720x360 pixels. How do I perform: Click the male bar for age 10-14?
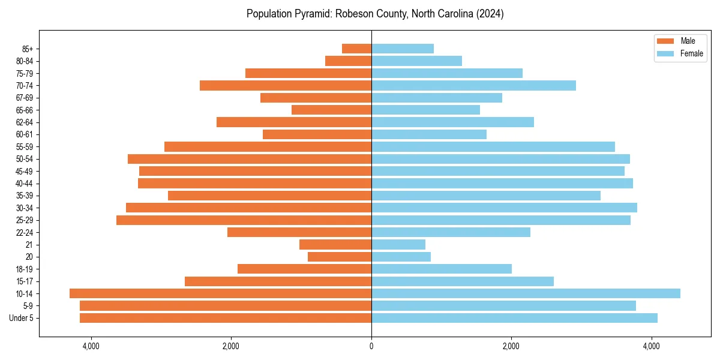(220, 293)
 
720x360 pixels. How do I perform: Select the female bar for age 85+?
(402, 49)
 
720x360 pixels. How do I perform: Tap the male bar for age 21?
(335, 244)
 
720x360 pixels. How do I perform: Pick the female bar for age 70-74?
(473, 85)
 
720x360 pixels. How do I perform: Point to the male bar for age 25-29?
(244, 220)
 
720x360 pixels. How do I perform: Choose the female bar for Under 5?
(514, 318)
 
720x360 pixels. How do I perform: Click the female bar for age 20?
(401, 257)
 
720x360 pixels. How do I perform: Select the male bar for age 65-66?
(331, 110)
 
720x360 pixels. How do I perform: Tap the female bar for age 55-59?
(493, 146)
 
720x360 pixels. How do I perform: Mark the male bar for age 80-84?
(348, 61)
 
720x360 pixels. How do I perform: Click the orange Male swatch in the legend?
(665, 41)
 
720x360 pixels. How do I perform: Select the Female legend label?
(691, 53)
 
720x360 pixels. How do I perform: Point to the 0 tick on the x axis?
(371, 346)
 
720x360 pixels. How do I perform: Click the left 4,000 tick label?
(91, 346)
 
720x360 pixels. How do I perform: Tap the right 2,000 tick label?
(511, 346)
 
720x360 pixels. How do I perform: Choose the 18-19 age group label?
(25, 269)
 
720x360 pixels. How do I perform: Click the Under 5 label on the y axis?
(22, 318)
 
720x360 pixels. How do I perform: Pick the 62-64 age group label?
(25, 122)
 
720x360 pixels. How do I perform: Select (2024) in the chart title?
(490, 14)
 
